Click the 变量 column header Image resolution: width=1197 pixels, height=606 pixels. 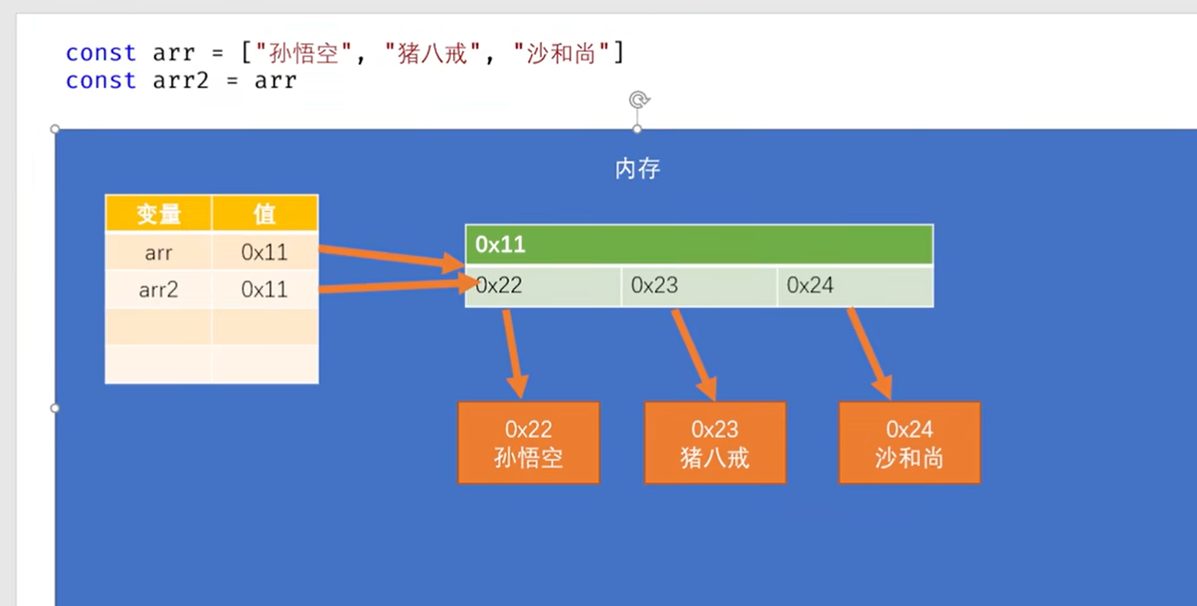(x=159, y=213)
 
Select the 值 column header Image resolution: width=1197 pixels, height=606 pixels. (x=264, y=213)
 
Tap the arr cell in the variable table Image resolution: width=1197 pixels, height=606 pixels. (x=159, y=252)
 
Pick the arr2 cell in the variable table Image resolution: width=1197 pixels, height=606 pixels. (x=159, y=289)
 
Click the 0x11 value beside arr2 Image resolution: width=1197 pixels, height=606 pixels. (x=264, y=289)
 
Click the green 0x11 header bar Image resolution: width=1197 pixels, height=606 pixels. (x=698, y=244)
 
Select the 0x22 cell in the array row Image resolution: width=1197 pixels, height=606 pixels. (x=543, y=286)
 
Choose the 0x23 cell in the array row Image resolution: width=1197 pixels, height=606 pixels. (x=698, y=286)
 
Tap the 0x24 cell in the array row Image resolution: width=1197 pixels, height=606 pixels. (x=854, y=286)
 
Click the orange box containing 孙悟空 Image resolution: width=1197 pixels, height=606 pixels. (x=528, y=442)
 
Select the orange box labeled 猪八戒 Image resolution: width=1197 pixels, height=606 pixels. (x=715, y=442)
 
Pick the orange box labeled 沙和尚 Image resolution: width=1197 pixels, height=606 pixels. (x=909, y=442)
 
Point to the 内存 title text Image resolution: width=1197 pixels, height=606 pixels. (x=638, y=168)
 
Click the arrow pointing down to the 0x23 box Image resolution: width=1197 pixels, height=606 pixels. (x=695, y=354)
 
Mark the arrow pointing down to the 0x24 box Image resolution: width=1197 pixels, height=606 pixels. (x=870, y=354)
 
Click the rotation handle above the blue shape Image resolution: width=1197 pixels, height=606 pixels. (x=639, y=100)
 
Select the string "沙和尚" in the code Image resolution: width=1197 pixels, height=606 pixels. (x=561, y=54)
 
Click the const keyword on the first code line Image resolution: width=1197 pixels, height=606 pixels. (x=101, y=54)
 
